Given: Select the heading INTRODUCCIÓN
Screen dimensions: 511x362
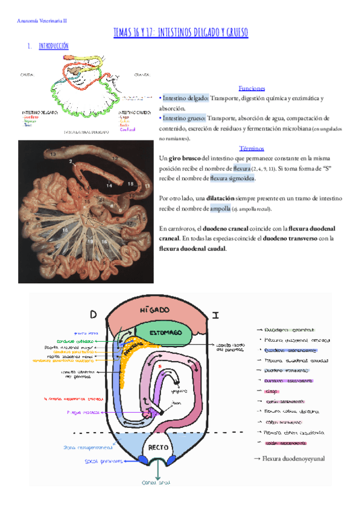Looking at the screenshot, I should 53,46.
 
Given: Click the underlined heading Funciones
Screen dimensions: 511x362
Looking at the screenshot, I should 252,88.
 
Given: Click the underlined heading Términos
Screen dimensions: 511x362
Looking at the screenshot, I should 252,148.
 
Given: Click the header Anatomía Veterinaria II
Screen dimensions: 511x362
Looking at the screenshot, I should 41,20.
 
